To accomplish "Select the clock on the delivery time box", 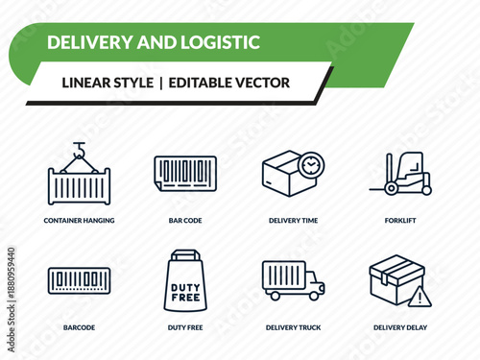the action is pyautogui.click(x=309, y=166).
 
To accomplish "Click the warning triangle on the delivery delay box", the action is pyautogui.click(x=420, y=299).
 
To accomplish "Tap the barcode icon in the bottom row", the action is pyautogui.click(x=79, y=281).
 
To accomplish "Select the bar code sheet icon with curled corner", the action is pyautogui.click(x=185, y=174).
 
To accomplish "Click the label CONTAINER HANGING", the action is pyautogui.click(x=79, y=221).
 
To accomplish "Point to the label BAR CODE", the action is pyautogui.click(x=185, y=221).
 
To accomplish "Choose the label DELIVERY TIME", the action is pyautogui.click(x=294, y=221).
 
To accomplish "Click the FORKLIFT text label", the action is pyautogui.click(x=401, y=221).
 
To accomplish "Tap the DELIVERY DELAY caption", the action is pyautogui.click(x=401, y=328).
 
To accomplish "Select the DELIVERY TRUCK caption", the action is pyautogui.click(x=294, y=328).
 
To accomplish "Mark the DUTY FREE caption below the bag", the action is pyautogui.click(x=185, y=328).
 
